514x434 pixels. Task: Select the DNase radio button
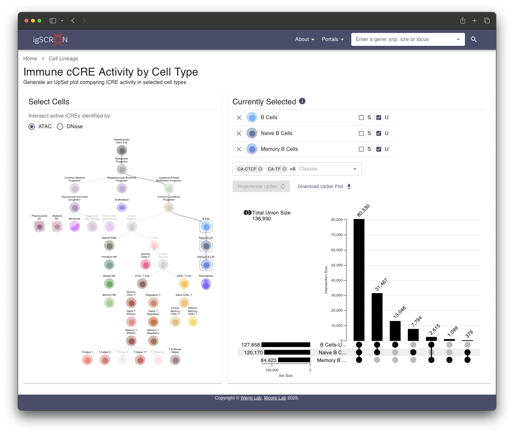(x=60, y=127)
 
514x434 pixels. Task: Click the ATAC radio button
(x=32, y=127)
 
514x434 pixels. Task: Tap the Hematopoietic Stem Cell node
(x=122, y=150)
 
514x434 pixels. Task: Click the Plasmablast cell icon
(x=206, y=284)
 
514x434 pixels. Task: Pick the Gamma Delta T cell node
(x=146, y=265)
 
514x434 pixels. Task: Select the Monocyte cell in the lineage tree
(x=75, y=227)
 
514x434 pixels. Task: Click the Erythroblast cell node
(x=122, y=208)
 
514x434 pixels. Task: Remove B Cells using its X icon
(x=239, y=118)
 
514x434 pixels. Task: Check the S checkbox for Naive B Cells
(x=361, y=133)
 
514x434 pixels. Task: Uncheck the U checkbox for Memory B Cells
(x=379, y=149)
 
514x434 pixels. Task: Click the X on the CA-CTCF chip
(x=260, y=169)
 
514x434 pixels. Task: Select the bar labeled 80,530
(x=359, y=280)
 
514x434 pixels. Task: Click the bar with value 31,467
(x=377, y=317)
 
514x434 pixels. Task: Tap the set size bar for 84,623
(x=294, y=360)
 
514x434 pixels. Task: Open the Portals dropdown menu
(x=333, y=39)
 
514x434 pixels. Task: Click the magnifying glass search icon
(x=474, y=39)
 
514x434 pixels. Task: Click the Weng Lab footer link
(x=251, y=398)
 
